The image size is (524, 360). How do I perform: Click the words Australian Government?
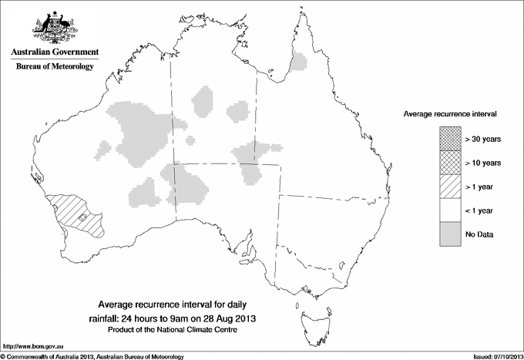click(54, 52)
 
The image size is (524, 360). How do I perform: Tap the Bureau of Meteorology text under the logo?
click(54, 67)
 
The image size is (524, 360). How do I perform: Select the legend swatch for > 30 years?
click(450, 138)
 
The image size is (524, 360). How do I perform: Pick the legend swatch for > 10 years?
click(450, 163)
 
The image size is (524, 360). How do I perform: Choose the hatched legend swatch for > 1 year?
click(450, 187)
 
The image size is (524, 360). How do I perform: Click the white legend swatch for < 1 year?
click(450, 210)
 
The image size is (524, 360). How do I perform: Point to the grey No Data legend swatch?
click(450, 234)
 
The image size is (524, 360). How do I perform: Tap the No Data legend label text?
click(479, 234)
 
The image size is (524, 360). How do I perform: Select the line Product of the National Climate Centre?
click(182, 330)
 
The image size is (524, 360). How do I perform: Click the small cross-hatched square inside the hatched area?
click(83, 219)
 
